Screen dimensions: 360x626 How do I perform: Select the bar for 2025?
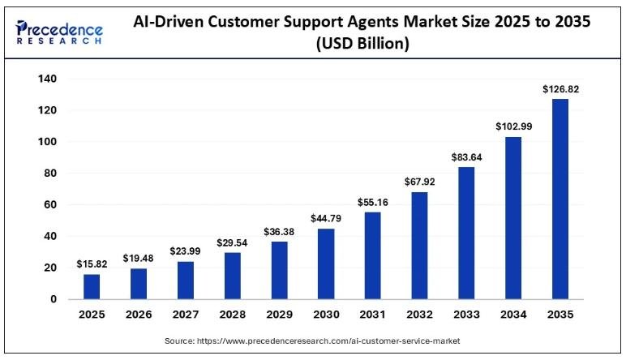[x=91, y=286]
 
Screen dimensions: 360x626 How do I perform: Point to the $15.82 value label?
[x=91, y=264]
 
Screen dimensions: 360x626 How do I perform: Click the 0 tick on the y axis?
[x=52, y=299]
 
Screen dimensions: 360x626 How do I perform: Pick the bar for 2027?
[x=184, y=280]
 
